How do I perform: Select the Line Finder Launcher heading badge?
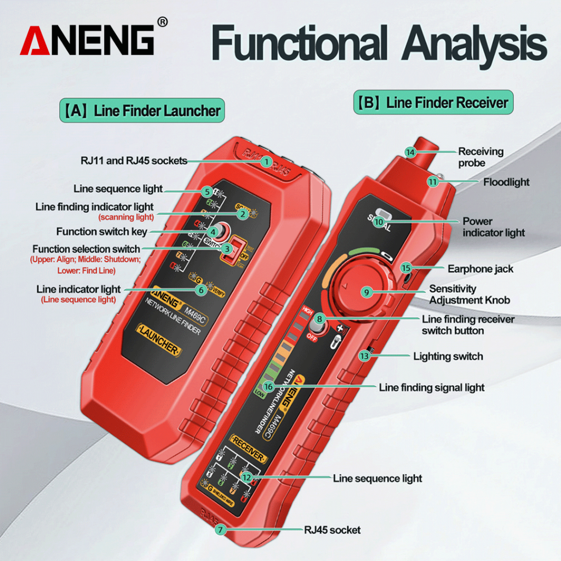141,110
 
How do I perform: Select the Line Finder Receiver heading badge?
433,102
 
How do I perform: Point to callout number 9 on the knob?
367,292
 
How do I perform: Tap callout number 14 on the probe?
410,152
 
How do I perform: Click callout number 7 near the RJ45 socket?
220,530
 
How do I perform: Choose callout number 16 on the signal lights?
268,387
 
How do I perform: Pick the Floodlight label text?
506,182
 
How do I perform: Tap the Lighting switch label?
448,357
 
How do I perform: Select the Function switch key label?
101,232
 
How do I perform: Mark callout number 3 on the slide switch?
227,249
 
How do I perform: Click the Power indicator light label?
493,227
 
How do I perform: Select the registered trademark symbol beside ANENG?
162,22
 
